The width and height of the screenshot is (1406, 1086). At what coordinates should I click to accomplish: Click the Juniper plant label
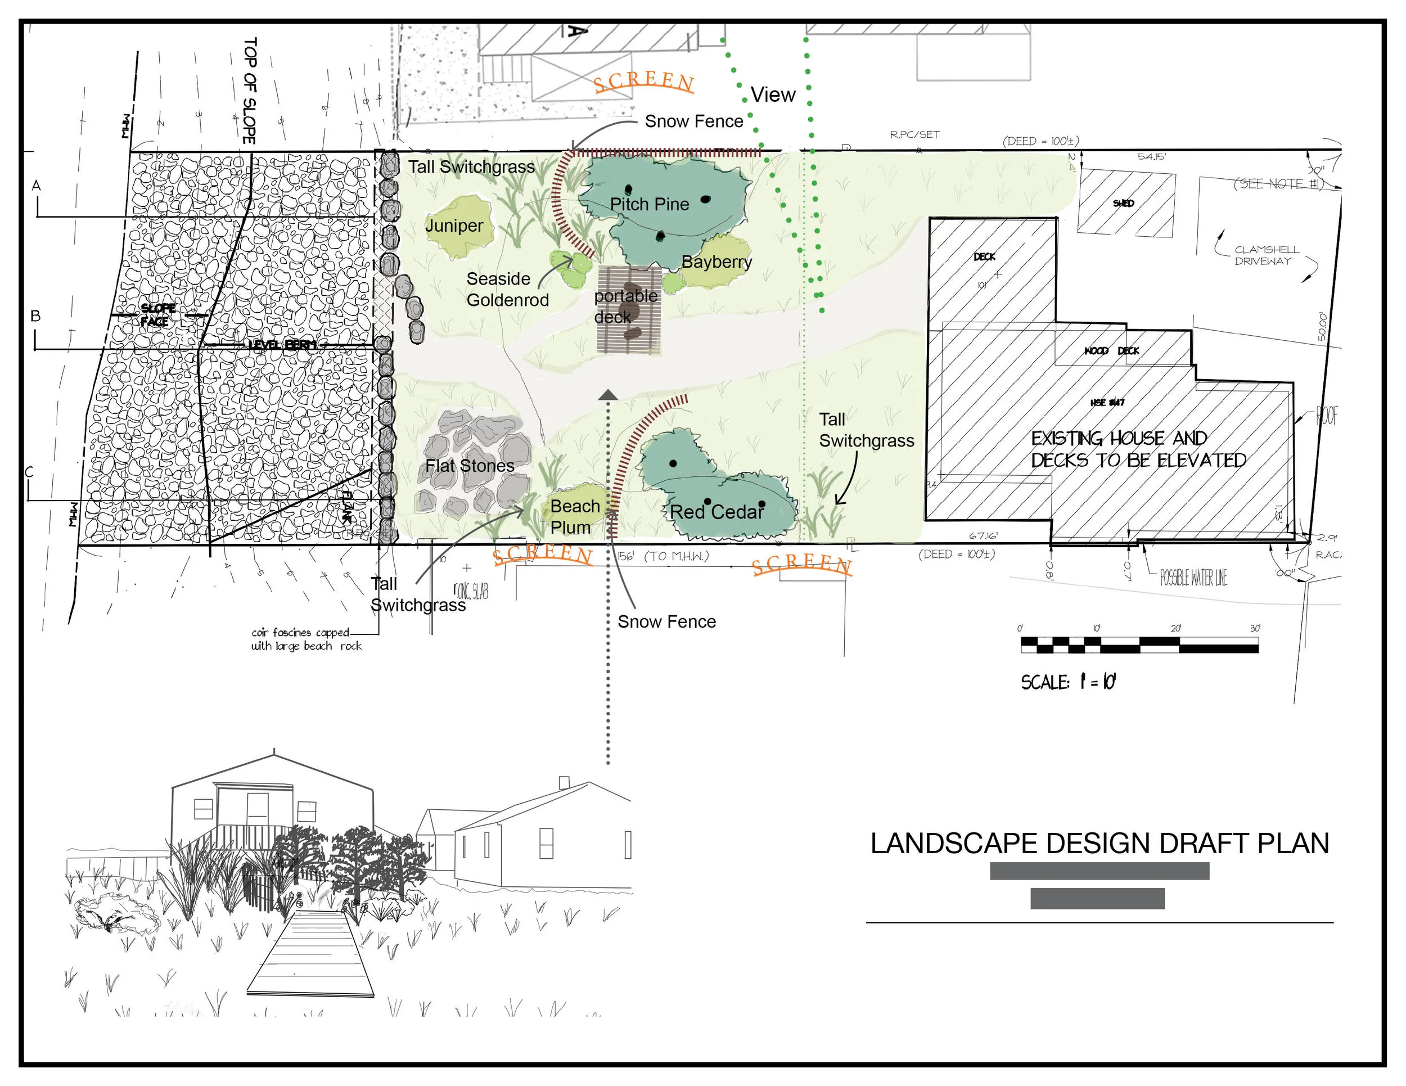454,226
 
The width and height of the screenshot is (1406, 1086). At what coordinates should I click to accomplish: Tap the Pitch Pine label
649,204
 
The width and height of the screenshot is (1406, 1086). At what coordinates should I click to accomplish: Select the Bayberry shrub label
716,262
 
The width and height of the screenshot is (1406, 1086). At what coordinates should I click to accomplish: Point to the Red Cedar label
716,512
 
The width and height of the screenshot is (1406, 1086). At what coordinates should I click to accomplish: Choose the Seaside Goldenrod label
507,290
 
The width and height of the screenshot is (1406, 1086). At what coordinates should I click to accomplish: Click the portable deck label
625,307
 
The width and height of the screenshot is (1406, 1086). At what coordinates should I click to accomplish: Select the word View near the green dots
773,94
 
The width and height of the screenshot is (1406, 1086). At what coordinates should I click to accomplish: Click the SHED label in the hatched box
1123,204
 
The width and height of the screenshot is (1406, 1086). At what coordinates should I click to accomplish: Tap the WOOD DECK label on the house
1111,351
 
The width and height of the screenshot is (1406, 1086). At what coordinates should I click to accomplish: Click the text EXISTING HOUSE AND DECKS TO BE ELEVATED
1138,449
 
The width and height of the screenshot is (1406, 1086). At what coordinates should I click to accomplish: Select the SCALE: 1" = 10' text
1068,682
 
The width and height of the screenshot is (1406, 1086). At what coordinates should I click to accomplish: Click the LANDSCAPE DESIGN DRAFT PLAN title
1099,843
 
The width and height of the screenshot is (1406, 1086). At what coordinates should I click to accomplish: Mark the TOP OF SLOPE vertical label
249,90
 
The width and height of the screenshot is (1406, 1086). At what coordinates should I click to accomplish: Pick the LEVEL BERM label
283,345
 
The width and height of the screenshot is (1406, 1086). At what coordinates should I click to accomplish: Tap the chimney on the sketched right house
564,782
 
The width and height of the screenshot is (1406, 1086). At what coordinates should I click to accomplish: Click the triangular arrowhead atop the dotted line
608,395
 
